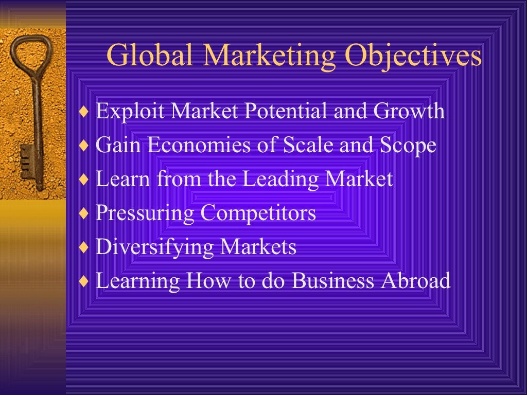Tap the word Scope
pos(408,145)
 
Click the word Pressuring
pos(145,213)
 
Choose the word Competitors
pos(258,213)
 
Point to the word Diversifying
pos(155,247)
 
